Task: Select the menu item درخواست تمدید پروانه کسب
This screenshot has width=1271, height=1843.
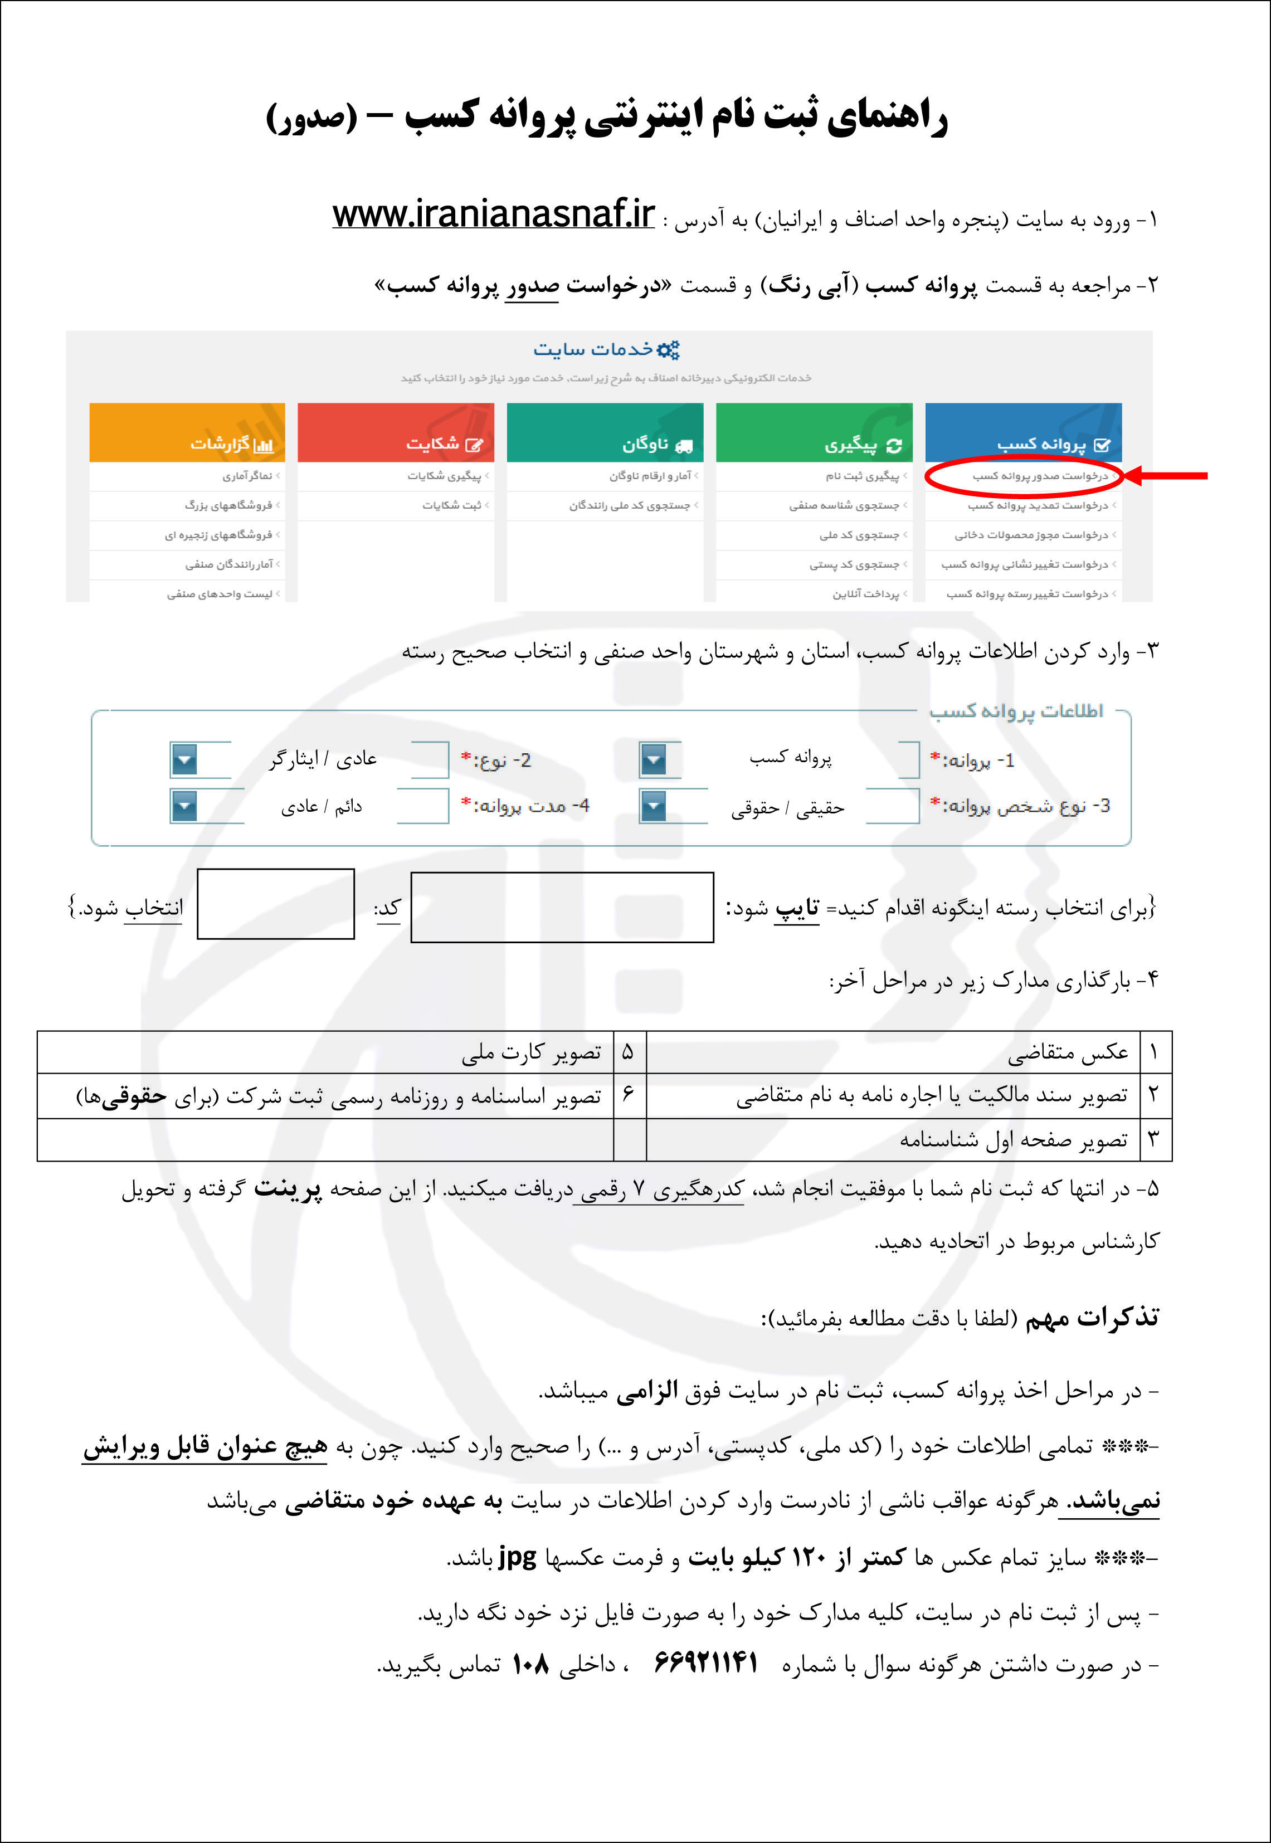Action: click(1037, 505)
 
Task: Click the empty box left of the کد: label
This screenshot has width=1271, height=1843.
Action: click(276, 904)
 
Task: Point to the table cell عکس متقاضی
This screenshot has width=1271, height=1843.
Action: click(1067, 1052)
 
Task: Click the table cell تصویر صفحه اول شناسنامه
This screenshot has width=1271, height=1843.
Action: click(1013, 1140)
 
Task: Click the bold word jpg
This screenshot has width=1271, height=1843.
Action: click(517, 1556)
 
